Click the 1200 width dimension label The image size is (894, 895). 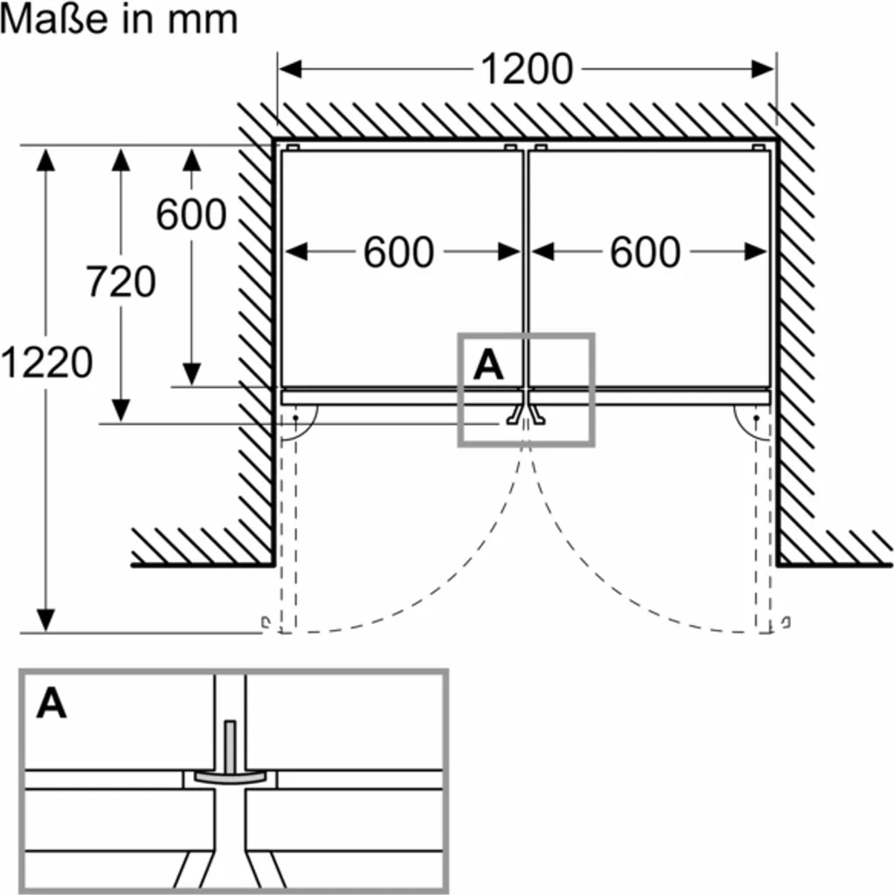coord(527,69)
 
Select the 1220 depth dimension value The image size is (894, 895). coord(46,362)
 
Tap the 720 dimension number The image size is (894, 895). coord(121,281)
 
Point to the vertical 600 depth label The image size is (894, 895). coord(191,214)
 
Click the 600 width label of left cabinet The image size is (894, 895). coord(398,253)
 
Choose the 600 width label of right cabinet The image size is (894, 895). coord(645,253)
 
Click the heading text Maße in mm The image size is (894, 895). coord(119,20)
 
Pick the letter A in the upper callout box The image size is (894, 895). coord(489,364)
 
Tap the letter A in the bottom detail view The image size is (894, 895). coord(52,703)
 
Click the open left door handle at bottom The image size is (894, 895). coord(265,622)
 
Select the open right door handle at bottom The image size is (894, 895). coord(787,622)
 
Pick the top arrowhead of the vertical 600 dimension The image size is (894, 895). coord(191,158)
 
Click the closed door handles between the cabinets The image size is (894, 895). coord(525,416)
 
